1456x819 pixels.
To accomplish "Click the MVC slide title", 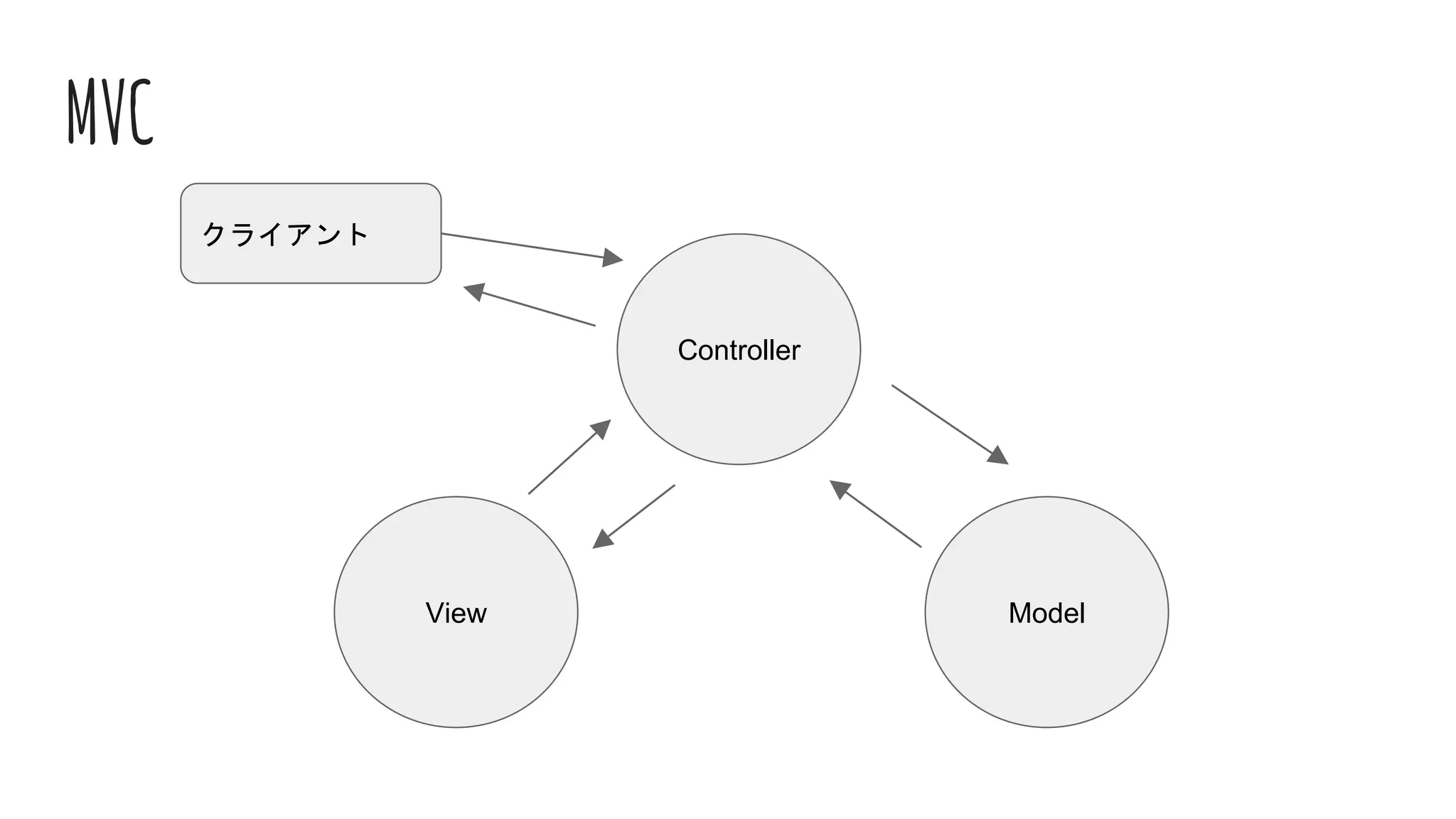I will click(x=110, y=112).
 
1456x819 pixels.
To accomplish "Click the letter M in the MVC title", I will click(x=82, y=112).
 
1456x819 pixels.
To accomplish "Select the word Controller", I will click(x=739, y=350).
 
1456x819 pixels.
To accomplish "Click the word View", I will click(x=456, y=614).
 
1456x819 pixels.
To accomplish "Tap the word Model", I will click(x=1046, y=614).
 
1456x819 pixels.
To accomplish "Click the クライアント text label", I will click(x=285, y=234).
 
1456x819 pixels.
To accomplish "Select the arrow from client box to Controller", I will click(x=526, y=246).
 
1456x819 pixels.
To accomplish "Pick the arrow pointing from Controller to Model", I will click(x=946, y=422).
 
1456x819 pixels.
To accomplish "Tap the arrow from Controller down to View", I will click(x=636, y=515).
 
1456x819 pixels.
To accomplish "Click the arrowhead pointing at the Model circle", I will click(x=998, y=456).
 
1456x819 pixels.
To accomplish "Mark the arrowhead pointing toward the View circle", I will click(x=603, y=539).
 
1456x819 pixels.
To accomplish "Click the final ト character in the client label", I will click(x=358, y=234).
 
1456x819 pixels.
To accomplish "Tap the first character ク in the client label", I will click(x=214, y=234).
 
